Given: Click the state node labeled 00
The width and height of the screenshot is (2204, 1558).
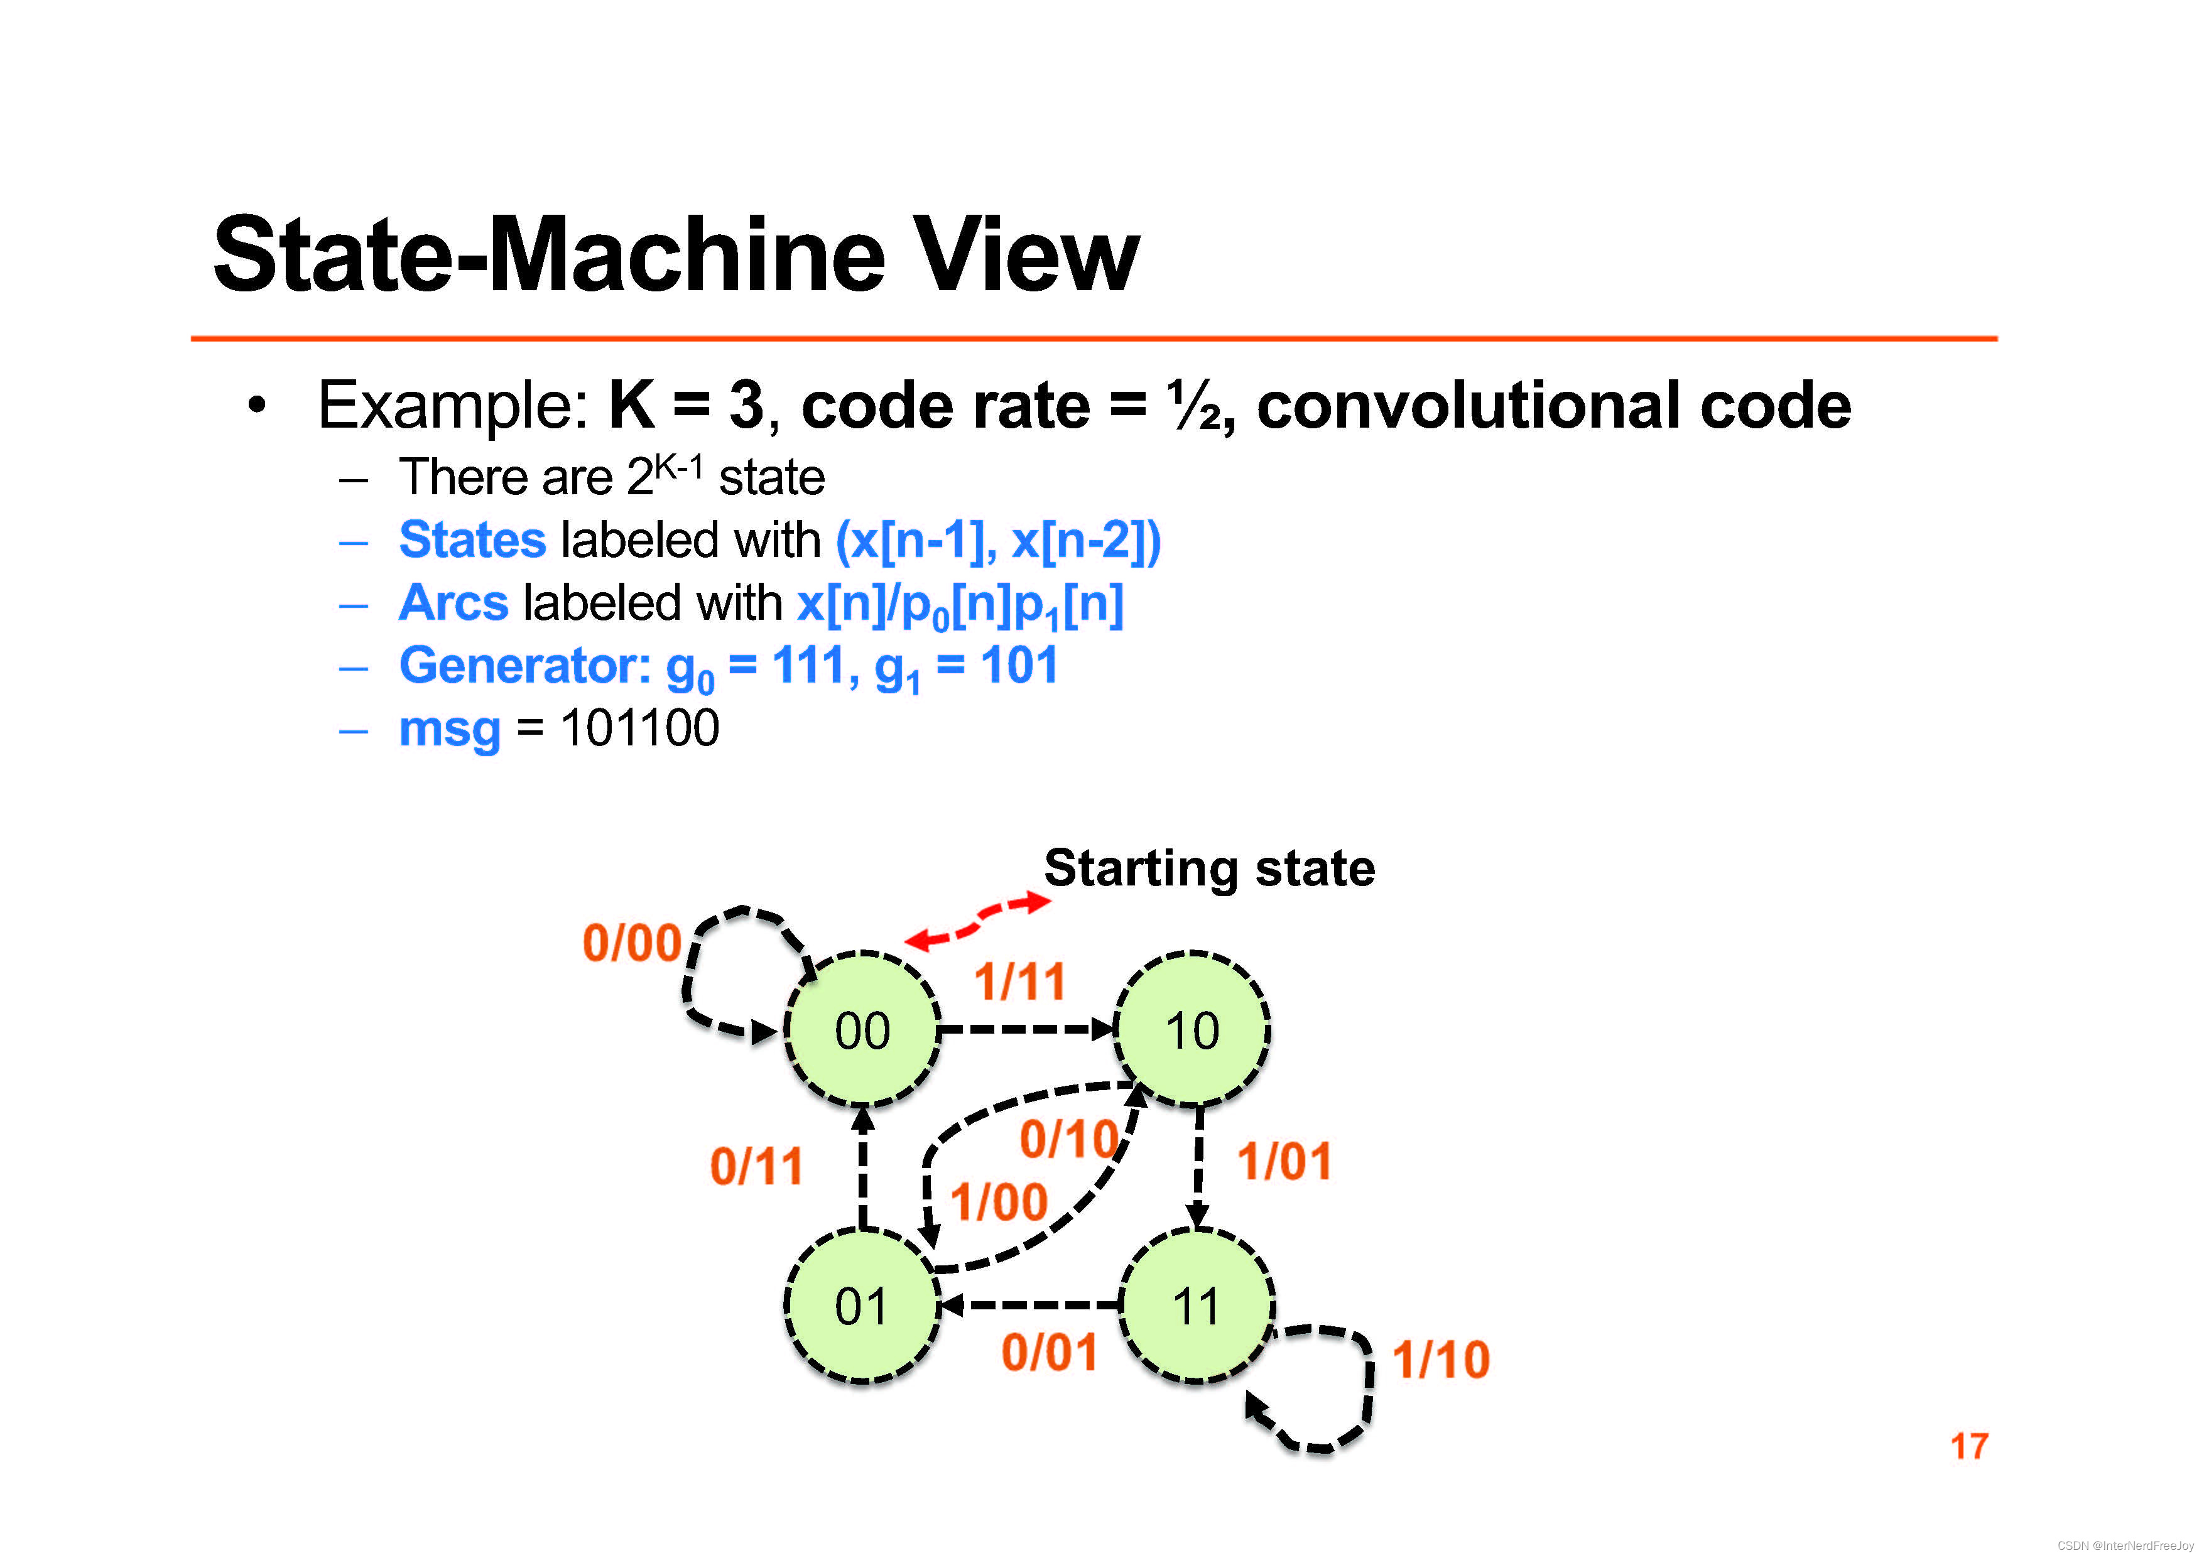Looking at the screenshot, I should [861, 1030].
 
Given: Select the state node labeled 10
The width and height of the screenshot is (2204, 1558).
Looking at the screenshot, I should [1192, 1030].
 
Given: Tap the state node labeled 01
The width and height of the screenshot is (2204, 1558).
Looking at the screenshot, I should [861, 1306].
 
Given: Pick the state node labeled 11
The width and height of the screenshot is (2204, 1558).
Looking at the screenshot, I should [1196, 1306].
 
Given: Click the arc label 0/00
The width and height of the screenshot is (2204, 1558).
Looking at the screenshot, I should [632, 943].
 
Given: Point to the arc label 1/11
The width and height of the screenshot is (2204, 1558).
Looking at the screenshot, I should [1019, 981].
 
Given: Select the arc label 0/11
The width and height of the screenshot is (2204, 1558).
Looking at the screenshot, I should [756, 1166].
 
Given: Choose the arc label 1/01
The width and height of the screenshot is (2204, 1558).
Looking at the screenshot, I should [1284, 1162].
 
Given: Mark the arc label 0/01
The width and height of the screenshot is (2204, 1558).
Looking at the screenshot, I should [1049, 1353].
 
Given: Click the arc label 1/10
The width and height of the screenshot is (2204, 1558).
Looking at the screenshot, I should [1441, 1360].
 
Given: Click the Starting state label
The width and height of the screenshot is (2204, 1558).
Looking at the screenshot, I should [1210, 868].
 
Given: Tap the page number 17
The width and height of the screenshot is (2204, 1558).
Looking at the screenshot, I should [1969, 1446].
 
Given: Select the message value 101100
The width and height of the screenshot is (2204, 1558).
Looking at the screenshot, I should [639, 728].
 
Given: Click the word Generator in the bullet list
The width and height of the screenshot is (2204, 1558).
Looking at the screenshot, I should [524, 665].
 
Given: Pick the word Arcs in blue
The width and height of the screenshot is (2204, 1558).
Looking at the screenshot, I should [453, 603].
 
